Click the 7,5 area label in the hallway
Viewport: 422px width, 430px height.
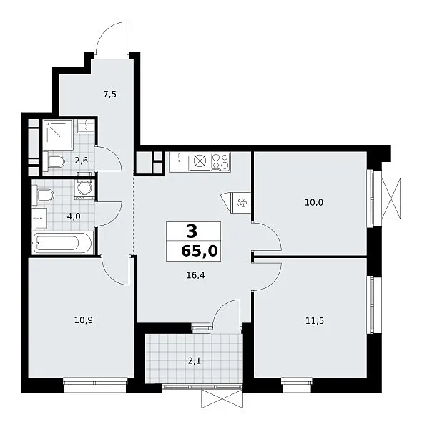pos(109,95)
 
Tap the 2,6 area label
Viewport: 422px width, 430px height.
pos(82,160)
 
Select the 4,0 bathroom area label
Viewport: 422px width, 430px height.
pos(74,216)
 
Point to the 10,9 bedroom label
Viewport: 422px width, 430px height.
pos(84,320)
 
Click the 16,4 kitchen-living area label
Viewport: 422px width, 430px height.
pos(195,275)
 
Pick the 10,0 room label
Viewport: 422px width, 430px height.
pos(314,203)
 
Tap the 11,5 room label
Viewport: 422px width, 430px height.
pos(315,320)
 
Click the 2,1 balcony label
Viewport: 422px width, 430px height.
pos(194,361)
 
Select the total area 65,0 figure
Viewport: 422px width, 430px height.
pos(200,251)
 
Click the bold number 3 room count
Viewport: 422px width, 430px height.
pos(192,231)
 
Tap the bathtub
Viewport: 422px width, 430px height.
pos(62,243)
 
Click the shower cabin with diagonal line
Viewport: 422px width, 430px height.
pos(58,135)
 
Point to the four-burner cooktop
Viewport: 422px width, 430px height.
pos(220,162)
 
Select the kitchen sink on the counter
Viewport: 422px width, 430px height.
pos(180,163)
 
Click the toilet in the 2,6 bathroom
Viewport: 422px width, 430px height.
pos(54,161)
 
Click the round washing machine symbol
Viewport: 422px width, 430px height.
pos(84,188)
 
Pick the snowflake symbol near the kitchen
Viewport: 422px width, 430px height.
pos(242,203)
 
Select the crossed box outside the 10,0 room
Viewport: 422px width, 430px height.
pos(391,199)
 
